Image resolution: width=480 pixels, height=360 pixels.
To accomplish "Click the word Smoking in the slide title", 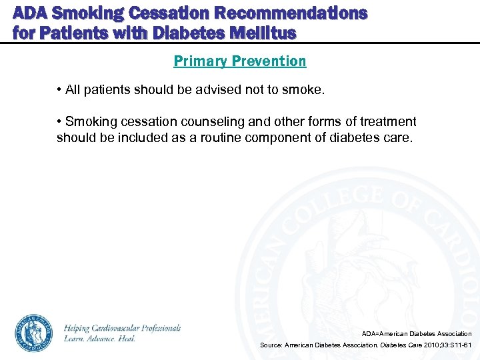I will pyautogui.click(x=79, y=13).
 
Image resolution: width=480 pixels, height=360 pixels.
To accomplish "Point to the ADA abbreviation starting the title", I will pyautogui.click(x=29, y=13).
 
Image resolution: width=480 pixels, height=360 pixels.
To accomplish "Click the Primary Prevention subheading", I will pyautogui.click(x=240, y=61).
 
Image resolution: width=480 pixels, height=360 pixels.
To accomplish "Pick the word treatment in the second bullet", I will pyautogui.click(x=387, y=122).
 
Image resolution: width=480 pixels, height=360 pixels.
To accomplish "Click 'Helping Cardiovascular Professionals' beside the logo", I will pyautogui.click(x=122, y=328).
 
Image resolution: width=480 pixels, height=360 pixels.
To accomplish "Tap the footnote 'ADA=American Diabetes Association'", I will pyautogui.click(x=417, y=333).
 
